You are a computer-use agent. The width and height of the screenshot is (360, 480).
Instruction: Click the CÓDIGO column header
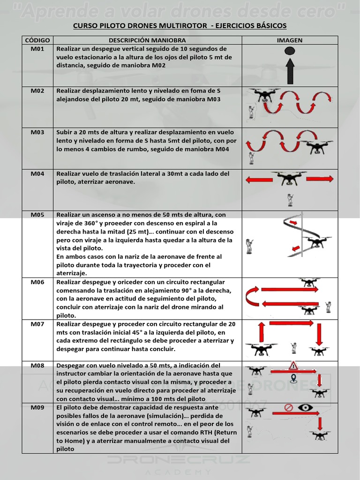coord(37,40)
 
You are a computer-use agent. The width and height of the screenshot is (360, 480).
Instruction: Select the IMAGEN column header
coord(289,40)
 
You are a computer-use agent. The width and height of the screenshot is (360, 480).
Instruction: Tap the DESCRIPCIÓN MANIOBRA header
coord(147,40)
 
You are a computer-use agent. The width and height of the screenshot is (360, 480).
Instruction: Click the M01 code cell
coord(37,49)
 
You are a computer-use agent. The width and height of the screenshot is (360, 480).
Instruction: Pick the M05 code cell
coord(37,215)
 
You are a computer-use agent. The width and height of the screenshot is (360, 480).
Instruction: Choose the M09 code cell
coord(37,407)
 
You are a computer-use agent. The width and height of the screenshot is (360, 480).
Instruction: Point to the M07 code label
coord(37,324)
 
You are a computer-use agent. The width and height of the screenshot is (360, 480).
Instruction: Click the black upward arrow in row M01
coord(290,71)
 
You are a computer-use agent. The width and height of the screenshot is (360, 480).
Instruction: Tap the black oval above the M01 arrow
coord(290,51)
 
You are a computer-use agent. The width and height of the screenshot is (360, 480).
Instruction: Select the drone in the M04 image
coord(289,179)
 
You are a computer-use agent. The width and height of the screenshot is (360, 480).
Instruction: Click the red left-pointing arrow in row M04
coord(260,179)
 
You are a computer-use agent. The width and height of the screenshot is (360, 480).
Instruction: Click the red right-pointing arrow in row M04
coord(320,179)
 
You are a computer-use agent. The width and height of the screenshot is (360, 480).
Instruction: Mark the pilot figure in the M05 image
coord(249,246)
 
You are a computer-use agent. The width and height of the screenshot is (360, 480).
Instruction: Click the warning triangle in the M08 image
coord(294,366)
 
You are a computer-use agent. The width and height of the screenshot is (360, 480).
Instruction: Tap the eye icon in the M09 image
coord(306,407)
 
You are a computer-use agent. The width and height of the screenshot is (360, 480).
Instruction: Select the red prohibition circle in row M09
coord(289,408)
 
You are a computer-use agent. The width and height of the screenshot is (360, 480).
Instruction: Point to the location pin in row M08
coord(294,378)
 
